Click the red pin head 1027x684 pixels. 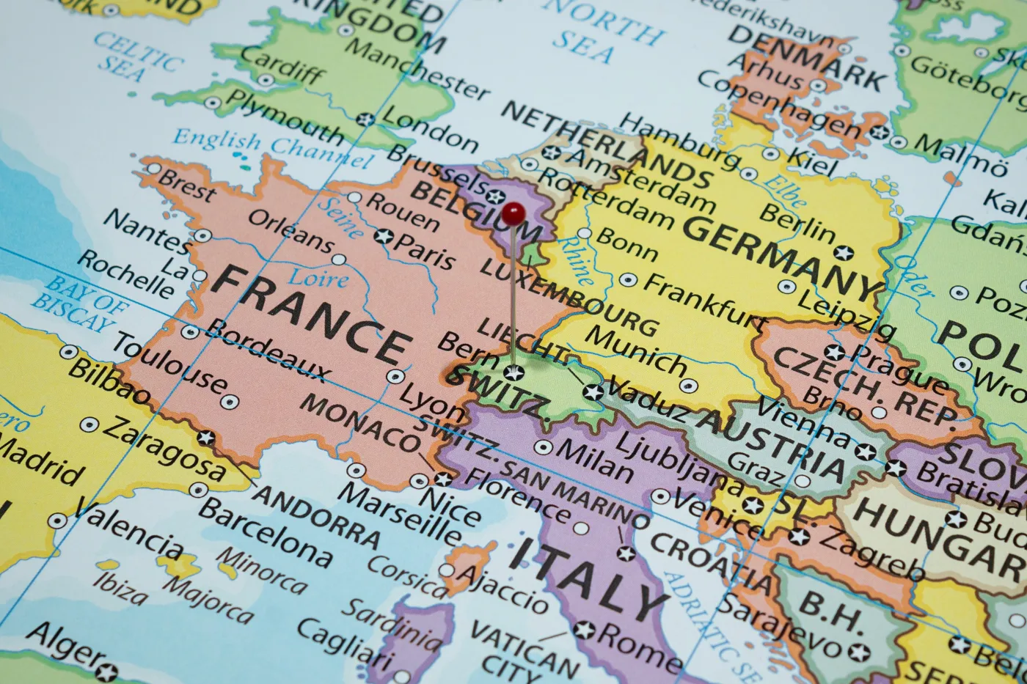click(x=513, y=214)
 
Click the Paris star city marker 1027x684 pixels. click(x=383, y=236)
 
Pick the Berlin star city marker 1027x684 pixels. click(x=844, y=254)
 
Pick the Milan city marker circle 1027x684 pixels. click(x=543, y=447)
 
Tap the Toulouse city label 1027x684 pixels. click(x=169, y=363)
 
